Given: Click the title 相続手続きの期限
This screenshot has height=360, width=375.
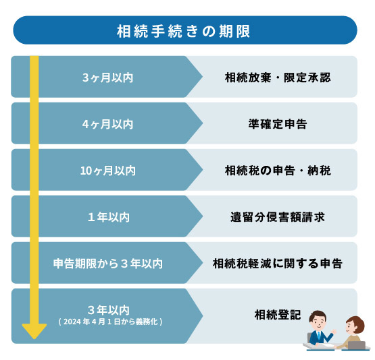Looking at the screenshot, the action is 183,31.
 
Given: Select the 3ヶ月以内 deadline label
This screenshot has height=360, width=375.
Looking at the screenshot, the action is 107,78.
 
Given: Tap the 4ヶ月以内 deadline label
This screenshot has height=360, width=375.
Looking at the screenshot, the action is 107,124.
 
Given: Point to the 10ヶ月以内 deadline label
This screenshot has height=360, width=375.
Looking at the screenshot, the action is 108,171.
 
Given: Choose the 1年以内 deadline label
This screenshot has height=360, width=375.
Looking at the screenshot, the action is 109,217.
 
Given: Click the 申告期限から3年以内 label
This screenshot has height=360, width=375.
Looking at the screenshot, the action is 108,264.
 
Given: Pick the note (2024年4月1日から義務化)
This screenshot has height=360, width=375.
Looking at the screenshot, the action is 111,322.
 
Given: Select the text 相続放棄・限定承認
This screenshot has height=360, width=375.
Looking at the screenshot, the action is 278,78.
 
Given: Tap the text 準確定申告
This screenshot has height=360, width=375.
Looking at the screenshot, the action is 278,124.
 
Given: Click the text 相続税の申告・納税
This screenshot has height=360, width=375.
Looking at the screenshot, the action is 278,171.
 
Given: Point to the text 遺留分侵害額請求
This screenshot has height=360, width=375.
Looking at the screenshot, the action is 278,217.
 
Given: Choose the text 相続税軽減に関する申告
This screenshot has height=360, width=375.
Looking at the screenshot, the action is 278,264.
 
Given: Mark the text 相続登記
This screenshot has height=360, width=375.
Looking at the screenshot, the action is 278,314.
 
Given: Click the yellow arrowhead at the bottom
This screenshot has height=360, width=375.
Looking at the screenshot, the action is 34,331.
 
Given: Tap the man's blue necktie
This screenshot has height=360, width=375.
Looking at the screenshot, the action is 318,336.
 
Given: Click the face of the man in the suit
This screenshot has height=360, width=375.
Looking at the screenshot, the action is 317,322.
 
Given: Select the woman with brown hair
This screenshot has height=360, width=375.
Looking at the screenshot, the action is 352,332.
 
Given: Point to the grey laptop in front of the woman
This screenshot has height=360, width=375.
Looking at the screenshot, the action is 356,345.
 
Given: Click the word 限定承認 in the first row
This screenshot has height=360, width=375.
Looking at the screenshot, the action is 307,78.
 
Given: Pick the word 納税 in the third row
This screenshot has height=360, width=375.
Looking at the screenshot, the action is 319,171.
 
